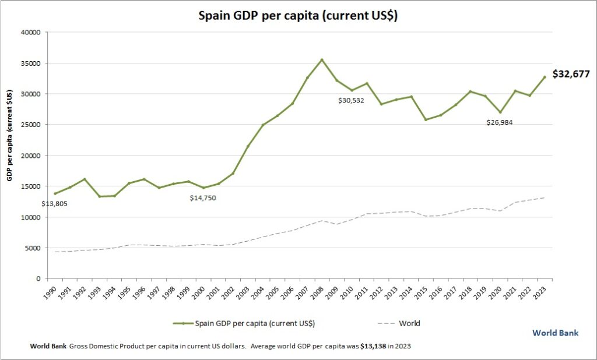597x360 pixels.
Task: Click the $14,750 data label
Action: (x=206, y=198)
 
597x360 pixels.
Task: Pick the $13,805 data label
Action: (x=57, y=204)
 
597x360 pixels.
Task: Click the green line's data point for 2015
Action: (x=426, y=120)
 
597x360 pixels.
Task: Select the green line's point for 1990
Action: (x=55, y=193)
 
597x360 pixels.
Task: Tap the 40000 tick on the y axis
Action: (x=29, y=32)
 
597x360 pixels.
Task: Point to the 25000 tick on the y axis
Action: (x=29, y=125)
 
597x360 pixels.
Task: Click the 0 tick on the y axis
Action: (x=37, y=279)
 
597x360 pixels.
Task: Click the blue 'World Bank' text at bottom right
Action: (x=555, y=333)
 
